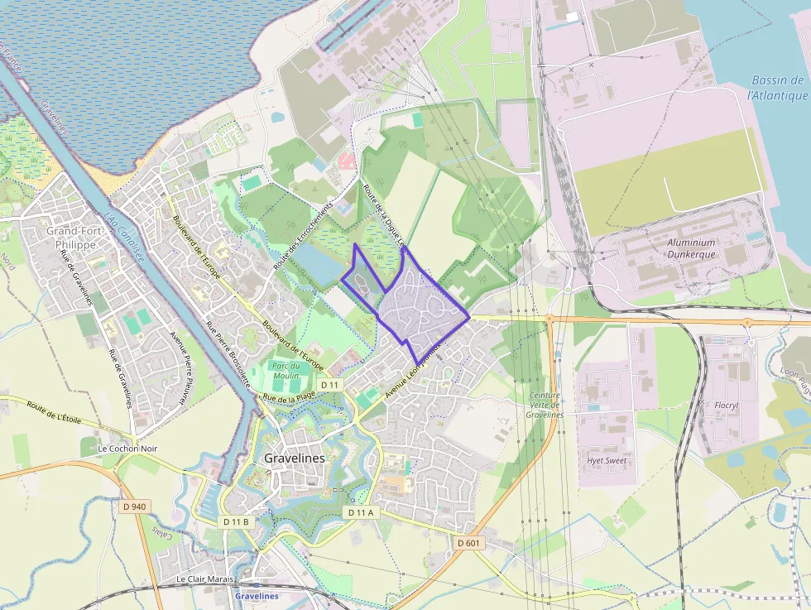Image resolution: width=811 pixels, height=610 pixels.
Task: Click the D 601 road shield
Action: [468, 542]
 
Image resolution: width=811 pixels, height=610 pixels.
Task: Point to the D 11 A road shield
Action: [361, 513]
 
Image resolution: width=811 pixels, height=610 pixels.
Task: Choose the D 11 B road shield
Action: [236, 522]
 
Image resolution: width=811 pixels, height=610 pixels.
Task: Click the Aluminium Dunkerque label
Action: [691, 248]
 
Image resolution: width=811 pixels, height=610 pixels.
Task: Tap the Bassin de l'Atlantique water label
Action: [777, 88]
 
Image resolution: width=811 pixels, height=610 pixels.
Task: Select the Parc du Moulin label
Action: [286, 370]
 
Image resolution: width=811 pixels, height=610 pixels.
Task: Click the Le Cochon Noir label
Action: [127, 449]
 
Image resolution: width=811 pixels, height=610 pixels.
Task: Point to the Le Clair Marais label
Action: [204, 579]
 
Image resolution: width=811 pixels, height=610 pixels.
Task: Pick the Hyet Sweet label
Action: [607, 460]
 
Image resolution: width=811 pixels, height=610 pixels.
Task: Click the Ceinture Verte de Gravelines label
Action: [545, 405]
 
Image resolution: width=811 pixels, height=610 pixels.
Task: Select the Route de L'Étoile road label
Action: [54, 412]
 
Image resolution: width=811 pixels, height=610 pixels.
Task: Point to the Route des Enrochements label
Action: [302, 237]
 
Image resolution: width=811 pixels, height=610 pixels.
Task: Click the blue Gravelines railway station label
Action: [257, 596]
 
